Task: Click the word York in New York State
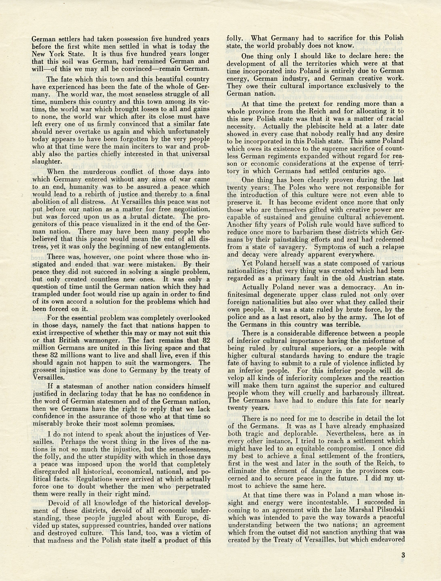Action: coord(59,54)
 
